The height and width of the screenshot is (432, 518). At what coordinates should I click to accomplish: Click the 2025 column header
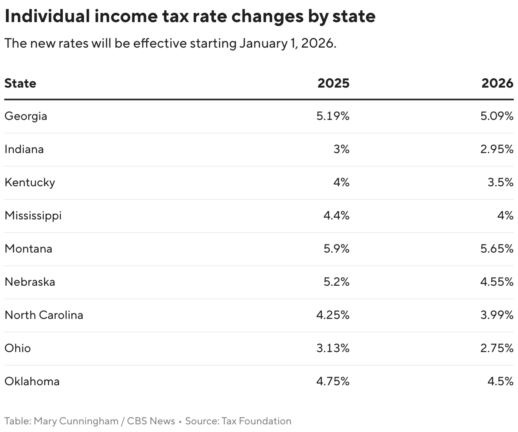point(333,83)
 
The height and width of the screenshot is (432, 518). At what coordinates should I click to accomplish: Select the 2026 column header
point(497,83)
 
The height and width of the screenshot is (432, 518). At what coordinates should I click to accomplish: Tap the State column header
point(20,83)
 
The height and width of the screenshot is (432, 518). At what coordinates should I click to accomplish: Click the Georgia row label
point(26,116)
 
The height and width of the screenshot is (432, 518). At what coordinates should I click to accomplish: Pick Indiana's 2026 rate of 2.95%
point(497,149)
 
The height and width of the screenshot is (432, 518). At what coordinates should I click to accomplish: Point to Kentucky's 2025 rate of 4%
point(341,182)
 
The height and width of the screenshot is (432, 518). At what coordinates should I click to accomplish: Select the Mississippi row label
point(33,216)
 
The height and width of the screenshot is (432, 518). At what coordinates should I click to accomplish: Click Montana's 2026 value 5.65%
point(497,249)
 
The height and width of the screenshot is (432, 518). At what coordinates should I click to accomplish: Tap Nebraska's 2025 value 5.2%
point(336,282)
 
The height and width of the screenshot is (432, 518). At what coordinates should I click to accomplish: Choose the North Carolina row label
point(44,315)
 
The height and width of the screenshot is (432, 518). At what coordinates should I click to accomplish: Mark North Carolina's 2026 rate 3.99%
point(497,315)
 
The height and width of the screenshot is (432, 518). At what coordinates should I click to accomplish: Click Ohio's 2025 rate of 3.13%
point(333,348)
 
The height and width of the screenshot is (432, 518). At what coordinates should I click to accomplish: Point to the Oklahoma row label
point(32,381)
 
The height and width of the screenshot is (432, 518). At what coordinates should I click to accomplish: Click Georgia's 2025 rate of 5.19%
point(333,116)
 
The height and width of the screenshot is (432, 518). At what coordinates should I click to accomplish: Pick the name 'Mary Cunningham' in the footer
point(76,421)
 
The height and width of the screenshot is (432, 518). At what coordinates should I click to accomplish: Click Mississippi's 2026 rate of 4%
point(505,216)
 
